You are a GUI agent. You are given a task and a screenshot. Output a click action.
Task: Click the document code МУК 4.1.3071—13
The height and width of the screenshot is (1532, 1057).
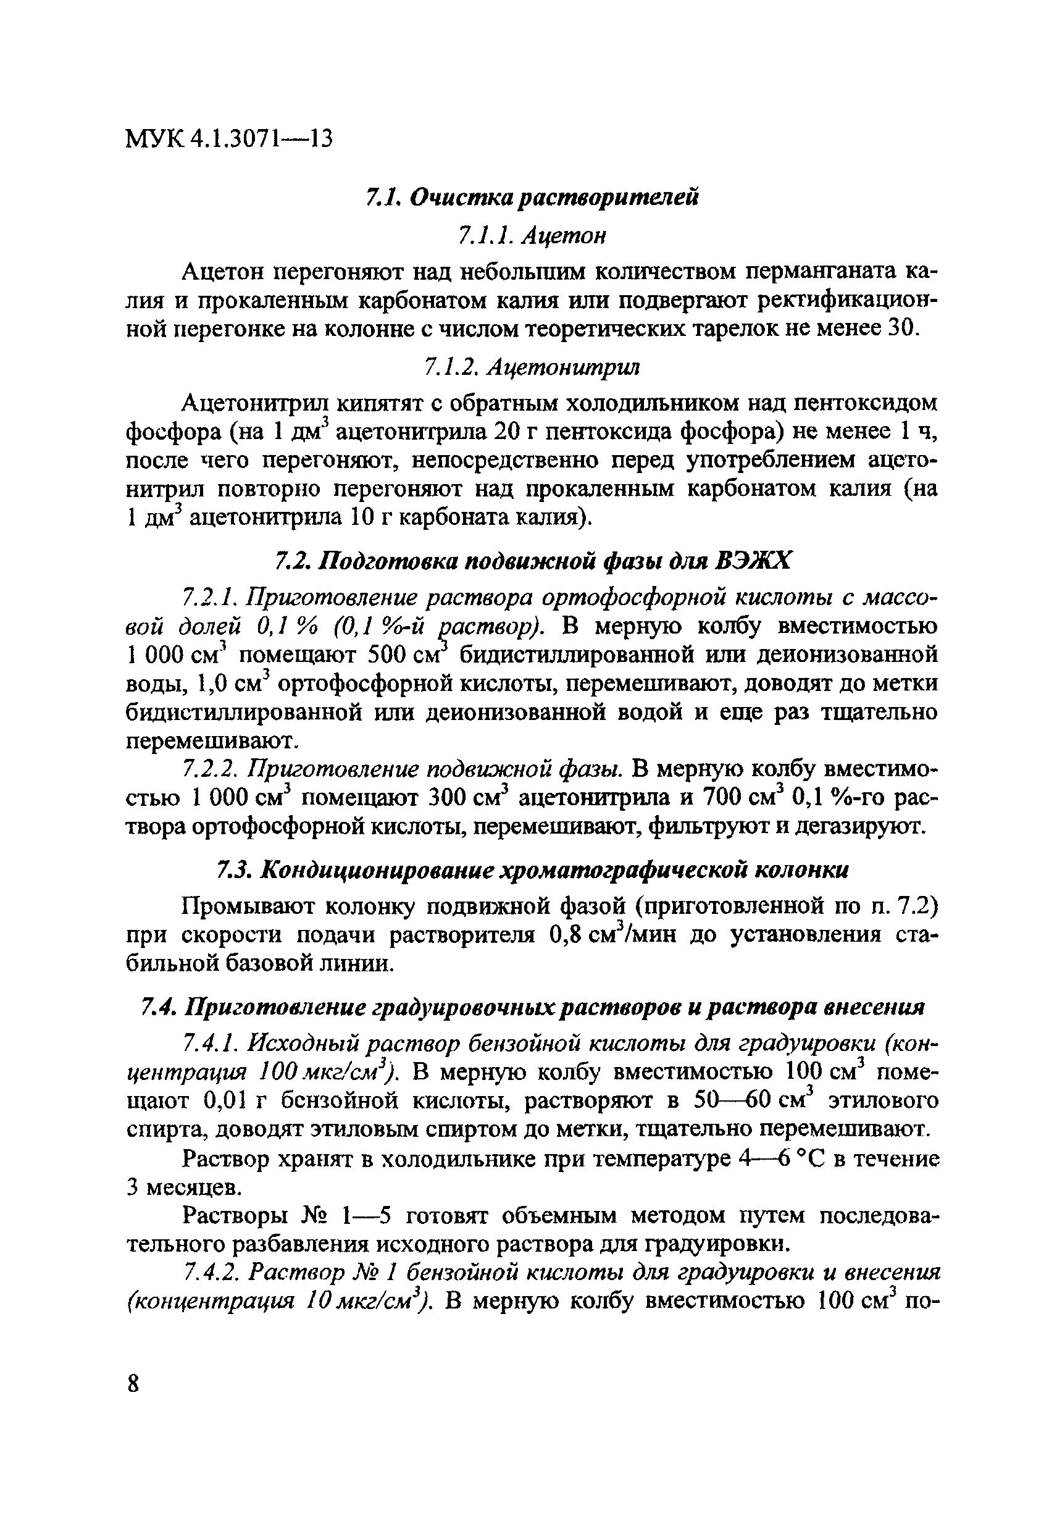tap(228, 139)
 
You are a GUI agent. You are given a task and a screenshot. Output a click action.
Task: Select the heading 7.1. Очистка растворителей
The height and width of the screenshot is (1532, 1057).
tap(532, 198)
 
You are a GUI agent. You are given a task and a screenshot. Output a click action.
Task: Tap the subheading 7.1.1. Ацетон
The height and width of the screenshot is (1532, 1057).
tap(532, 235)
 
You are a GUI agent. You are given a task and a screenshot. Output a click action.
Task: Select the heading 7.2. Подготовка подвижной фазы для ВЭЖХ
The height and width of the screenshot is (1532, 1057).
tap(532, 562)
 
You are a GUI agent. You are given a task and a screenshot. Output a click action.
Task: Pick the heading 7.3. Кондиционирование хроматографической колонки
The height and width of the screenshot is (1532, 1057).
tap(532, 869)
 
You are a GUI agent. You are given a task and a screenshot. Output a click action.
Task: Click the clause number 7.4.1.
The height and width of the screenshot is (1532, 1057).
tap(210, 1044)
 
